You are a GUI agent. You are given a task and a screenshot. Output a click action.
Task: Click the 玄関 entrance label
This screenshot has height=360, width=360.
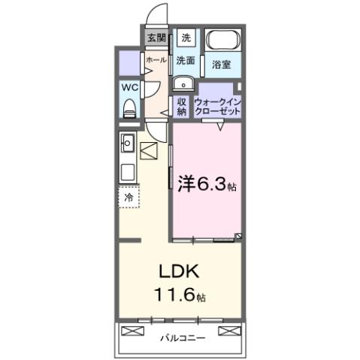pyautogui.click(x=156, y=37)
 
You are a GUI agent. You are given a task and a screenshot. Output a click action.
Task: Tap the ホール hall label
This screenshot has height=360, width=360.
pyautogui.click(x=156, y=59)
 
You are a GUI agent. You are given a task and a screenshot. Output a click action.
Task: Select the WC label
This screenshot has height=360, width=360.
pyautogui.click(x=130, y=86)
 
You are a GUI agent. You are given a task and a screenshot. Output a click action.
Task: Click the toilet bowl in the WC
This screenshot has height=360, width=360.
pyautogui.click(x=129, y=108)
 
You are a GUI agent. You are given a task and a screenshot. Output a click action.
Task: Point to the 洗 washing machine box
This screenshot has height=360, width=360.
pyautogui.click(x=186, y=37)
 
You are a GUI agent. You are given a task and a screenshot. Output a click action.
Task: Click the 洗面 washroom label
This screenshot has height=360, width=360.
pyautogui.click(x=186, y=59)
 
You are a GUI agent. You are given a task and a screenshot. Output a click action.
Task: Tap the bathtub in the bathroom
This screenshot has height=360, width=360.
pyautogui.click(x=222, y=39)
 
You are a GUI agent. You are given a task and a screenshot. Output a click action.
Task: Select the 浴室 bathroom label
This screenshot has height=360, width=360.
pyautogui.click(x=220, y=65)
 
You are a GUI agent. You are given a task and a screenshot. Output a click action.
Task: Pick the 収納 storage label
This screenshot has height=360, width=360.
pyautogui.click(x=182, y=106)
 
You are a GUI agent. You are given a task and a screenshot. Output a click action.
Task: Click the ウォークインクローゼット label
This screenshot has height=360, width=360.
pyautogui.click(x=218, y=106)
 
